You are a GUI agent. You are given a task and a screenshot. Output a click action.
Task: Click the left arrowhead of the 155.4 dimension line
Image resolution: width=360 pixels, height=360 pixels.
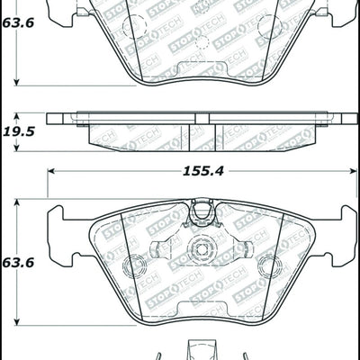52,168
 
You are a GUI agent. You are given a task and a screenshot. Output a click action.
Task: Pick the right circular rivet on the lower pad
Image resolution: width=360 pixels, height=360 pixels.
268,266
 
